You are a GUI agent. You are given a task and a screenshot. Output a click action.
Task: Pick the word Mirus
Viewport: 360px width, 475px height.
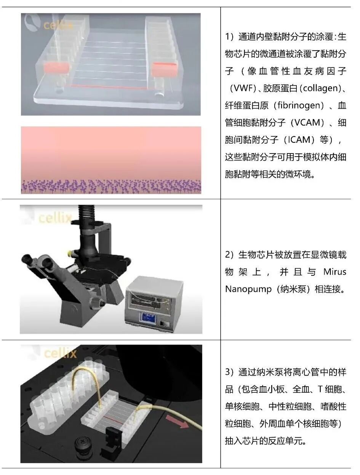coord(335,272)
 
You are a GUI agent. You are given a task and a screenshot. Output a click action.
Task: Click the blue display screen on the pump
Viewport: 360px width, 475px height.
coord(149,317)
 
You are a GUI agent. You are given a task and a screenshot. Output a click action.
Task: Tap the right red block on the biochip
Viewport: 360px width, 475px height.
coord(165,69)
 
